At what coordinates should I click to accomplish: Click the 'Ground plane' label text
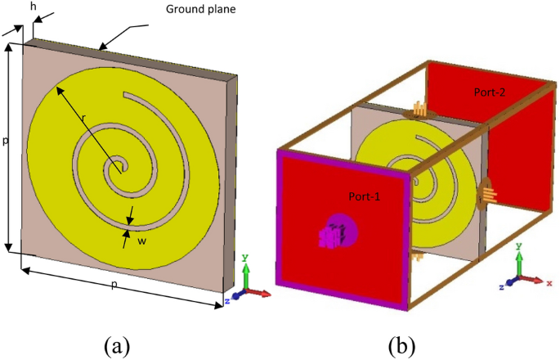coord(199,9)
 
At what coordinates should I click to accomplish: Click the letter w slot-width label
coord(141,241)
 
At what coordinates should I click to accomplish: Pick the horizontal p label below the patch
coord(124,284)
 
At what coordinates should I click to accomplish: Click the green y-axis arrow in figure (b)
coord(518,264)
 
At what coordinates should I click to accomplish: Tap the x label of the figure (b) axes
coord(549,283)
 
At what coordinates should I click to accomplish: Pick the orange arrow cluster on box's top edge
coord(418,109)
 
